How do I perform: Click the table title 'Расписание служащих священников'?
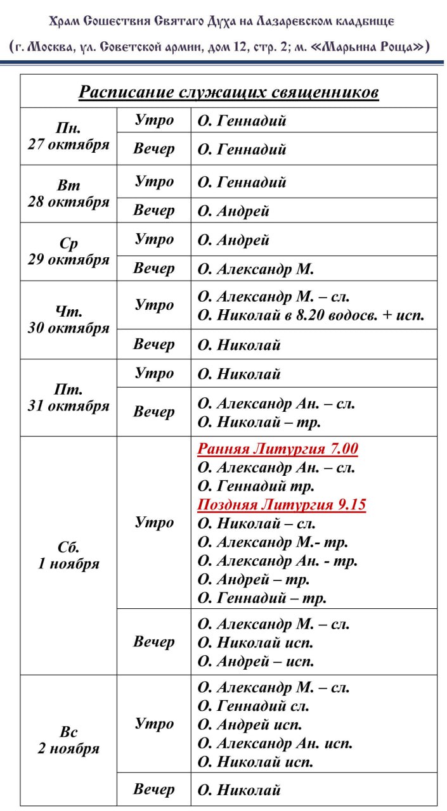coord(228,93)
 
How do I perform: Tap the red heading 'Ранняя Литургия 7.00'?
coord(278,449)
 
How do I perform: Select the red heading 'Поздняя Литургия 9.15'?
coord(282,505)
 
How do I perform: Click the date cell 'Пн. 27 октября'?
coord(68,136)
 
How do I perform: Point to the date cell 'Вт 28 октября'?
coord(68,194)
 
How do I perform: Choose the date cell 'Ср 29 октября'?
coord(68,252)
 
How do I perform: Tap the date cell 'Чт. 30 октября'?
coord(68,320)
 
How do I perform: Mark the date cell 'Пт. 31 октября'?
coord(68,398)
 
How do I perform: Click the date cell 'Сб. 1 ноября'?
coord(68,556)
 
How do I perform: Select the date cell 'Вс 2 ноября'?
coord(68,741)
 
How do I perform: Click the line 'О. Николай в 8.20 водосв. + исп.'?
coord(311,315)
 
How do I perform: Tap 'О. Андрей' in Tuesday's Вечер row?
coord(233,211)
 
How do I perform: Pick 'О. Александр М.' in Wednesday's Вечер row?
coord(256,269)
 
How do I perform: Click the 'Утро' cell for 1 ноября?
coord(154,523)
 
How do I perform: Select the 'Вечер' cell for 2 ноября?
coord(154,789)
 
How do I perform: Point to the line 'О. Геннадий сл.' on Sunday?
coord(254,706)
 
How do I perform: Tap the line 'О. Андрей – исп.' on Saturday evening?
coord(256,661)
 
